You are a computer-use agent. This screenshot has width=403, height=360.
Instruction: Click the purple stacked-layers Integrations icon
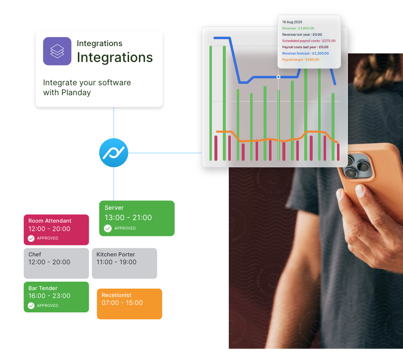(57, 51)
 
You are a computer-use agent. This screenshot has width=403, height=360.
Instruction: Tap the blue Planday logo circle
(114, 153)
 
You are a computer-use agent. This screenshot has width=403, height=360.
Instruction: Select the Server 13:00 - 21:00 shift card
(136, 218)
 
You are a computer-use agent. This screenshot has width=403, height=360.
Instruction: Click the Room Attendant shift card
(56, 229)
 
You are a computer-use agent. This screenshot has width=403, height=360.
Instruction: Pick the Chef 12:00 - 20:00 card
(56, 263)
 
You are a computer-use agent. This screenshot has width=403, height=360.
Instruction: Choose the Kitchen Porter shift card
(124, 263)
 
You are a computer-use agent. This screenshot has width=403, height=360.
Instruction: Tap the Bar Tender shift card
(56, 297)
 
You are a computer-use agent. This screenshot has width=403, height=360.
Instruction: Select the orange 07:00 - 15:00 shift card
(129, 303)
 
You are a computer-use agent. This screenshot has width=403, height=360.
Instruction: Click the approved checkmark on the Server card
(108, 228)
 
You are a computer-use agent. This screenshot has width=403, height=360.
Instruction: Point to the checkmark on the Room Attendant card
(31, 239)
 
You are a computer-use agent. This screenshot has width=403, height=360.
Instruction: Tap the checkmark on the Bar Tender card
(31, 305)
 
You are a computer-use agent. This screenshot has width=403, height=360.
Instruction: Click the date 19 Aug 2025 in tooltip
(292, 22)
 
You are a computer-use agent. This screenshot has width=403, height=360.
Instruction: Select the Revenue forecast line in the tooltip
(305, 53)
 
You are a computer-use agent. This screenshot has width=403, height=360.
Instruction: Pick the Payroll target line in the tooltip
(300, 60)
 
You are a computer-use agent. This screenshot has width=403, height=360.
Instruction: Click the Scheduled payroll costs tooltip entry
(308, 41)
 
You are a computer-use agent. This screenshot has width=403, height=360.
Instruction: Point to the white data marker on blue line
(278, 77)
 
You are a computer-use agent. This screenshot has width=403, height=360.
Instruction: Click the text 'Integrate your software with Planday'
(87, 87)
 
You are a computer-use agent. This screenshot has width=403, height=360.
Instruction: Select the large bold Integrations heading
(115, 58)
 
